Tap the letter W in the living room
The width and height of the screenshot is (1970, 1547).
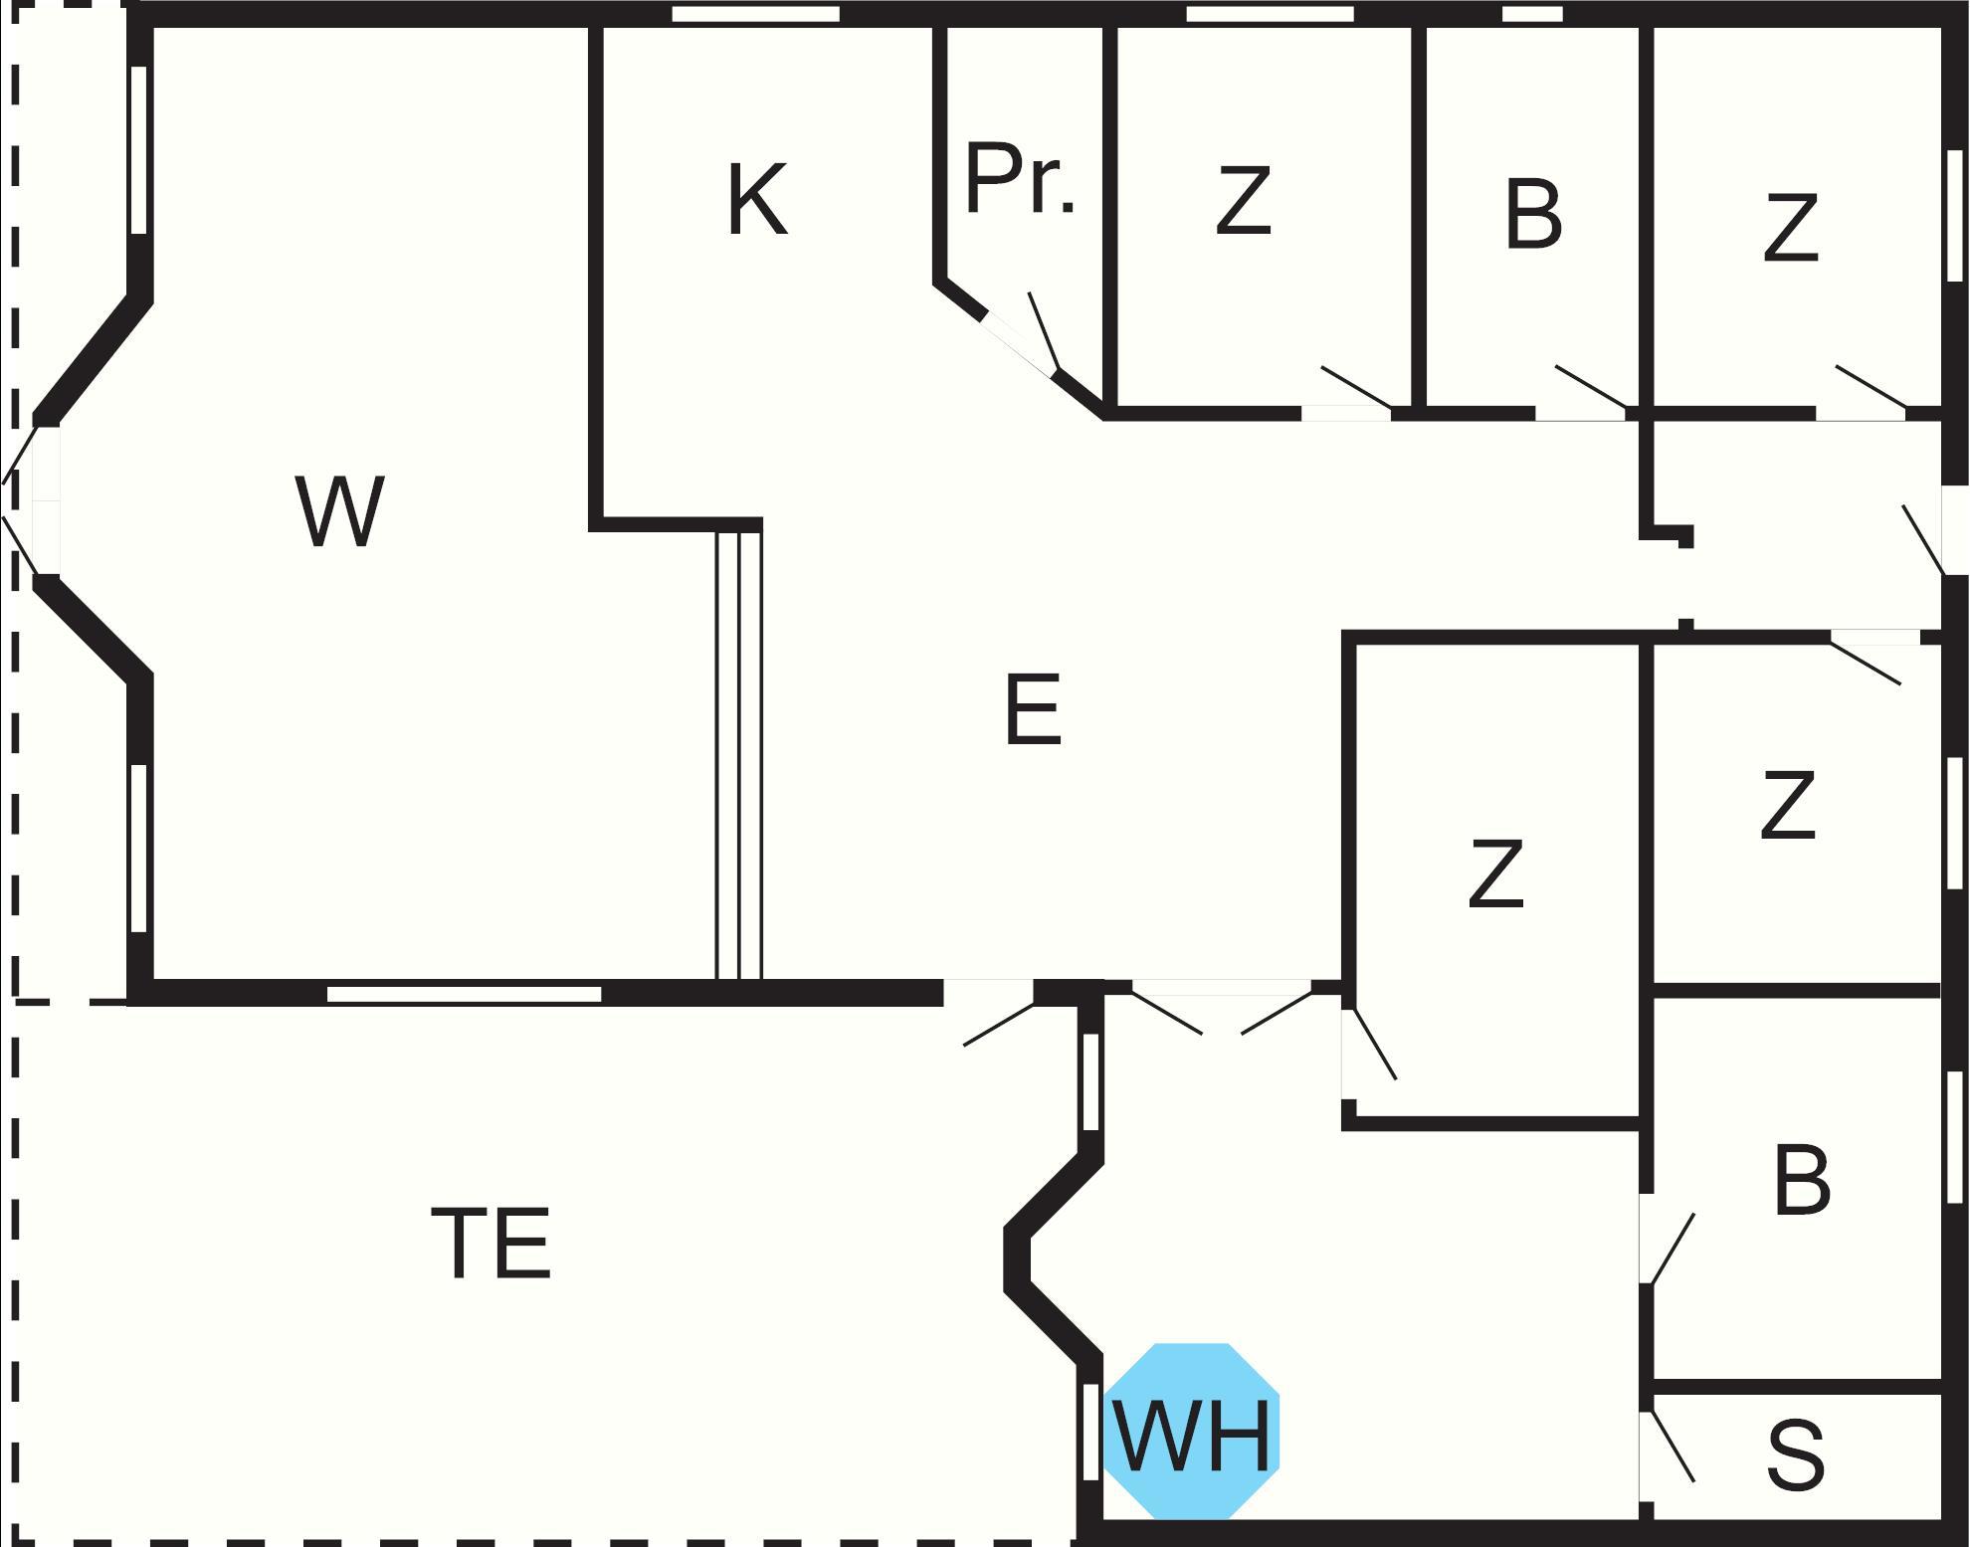pyautogui.click(x=339, y=511)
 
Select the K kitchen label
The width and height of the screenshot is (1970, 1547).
pyautogui.click(x=757, y=200)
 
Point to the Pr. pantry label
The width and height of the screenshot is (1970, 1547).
pyautogui.click(x=1020, y=180)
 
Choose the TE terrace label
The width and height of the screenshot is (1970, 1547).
pyautogui.click(x=492, y=1243)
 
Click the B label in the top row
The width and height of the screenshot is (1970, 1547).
pyautogui.click(x=1532, y=214)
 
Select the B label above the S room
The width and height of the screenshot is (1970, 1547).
pyautogui.click(x=1801, y=1182)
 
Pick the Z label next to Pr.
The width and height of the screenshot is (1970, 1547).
pyautogui.click(x=1244, y=202)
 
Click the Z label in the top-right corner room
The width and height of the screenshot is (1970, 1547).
pyautogui.click(x=1791, y=230)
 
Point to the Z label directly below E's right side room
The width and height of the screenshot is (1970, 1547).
pyautogui.click(x=1495, y=874)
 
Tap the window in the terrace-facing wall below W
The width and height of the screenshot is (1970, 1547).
pyautogui.click(x=465, y=994)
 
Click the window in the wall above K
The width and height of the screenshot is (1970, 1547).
pyautogui.click(x=755, y=14)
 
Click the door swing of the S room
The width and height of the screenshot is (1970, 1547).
pyautogui.click(x=1672, y=1447)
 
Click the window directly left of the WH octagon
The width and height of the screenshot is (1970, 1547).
pyautogui.click(x=1090, y=1432)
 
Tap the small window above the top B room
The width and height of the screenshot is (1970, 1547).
pyautogui.click(x=1531, y=14)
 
